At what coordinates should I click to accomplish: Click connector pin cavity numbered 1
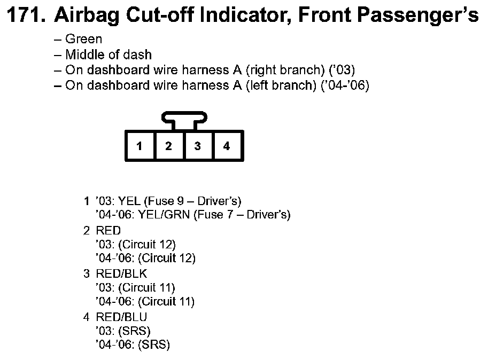point(139,146)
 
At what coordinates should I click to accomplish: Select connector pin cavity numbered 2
point(168,146)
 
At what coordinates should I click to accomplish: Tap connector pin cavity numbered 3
point(198,146)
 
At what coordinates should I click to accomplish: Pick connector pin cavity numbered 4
point(227,146)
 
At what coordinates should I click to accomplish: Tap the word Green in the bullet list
point(83,39)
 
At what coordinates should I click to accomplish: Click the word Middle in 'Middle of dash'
point(83,54)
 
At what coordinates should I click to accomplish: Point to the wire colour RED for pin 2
point(108,231)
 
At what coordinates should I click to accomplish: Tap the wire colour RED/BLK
point(121,274)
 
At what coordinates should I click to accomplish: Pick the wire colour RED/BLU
point(121,317)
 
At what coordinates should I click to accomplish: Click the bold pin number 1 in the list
point(87,201)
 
